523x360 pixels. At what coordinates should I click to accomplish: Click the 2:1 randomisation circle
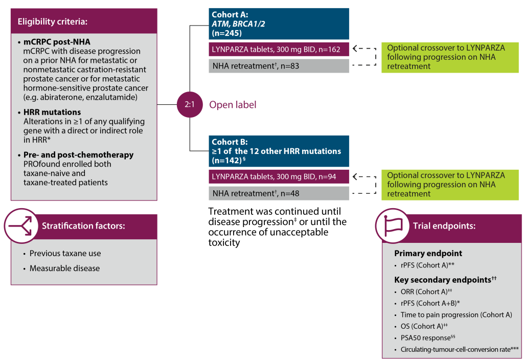[189, 104]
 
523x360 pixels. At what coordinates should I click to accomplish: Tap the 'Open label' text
[233, 105]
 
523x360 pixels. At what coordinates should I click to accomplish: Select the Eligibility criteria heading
[53, 21]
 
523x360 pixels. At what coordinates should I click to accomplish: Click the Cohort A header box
[279, 24]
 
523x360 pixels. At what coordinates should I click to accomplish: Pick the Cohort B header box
[279, 151]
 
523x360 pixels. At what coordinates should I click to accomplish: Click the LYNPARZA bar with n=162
[279, 49]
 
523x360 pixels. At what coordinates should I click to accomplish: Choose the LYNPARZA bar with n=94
[279, 176]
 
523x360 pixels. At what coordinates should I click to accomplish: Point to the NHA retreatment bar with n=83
[279, 65]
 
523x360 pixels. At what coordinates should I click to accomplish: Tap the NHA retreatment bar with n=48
[279, 193]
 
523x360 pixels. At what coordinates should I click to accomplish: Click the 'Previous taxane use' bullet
[65, 254]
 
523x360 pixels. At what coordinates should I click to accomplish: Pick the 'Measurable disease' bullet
[64, 268]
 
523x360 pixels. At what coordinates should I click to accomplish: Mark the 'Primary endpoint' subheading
[428, 254]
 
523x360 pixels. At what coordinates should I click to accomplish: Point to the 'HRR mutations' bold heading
[52, 112]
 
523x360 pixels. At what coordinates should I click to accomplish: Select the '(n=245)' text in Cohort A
[226, 33]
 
